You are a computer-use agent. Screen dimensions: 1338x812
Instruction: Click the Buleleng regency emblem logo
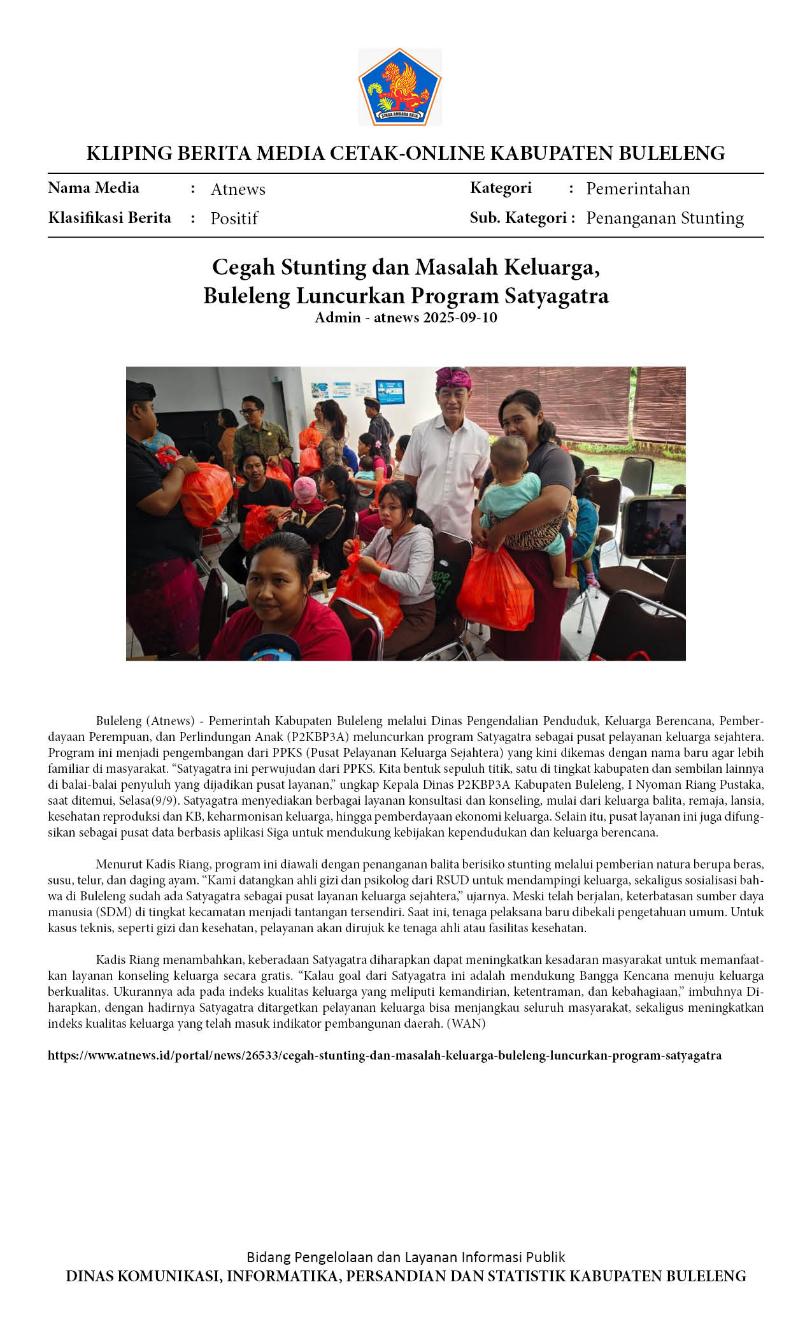tap(400, 87)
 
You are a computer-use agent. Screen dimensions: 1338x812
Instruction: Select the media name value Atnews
tap(238, 189)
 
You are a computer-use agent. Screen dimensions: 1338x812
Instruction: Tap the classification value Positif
tap(234, 219)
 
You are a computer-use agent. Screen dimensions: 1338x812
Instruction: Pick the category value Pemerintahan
tap(637, 189)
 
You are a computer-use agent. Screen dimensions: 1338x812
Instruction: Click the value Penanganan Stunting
tap(664, 218)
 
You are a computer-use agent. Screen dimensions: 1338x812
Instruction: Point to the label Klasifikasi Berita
tap(110, 218)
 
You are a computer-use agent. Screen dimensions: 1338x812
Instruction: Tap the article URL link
tap(385, 1056)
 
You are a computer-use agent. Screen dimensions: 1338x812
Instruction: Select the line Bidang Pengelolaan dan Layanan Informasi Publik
tap(406, 1257)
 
